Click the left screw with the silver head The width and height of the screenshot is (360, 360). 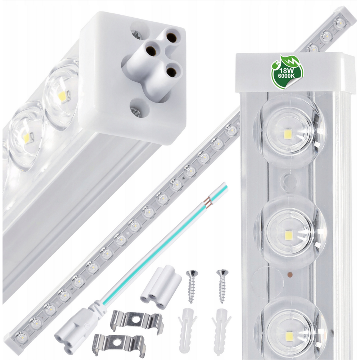(192, 286)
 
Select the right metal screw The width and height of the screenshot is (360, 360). (222, 285)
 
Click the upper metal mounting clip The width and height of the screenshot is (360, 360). (136, 321)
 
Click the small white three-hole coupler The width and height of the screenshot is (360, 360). (161, 286)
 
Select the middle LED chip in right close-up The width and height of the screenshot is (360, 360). (288, 235)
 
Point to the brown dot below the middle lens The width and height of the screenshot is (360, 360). (289, 274)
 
